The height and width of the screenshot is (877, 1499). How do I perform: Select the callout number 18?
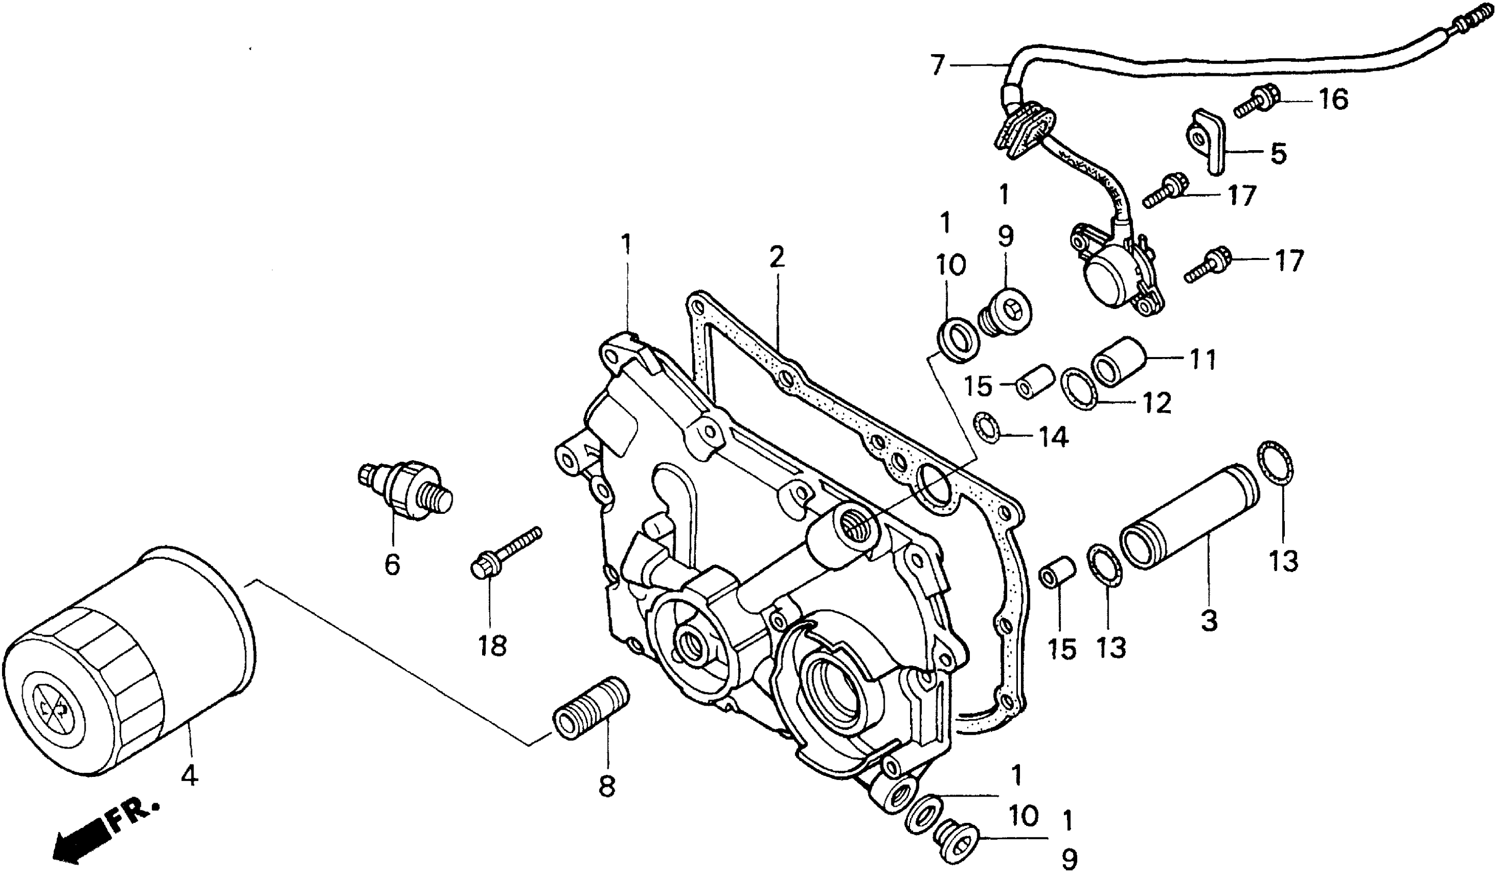[492, 646]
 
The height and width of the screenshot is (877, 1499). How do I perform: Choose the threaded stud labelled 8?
[592, 708]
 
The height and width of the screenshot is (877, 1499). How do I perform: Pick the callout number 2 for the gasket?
[776, 257]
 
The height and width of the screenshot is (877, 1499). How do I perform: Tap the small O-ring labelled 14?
[985, 429]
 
